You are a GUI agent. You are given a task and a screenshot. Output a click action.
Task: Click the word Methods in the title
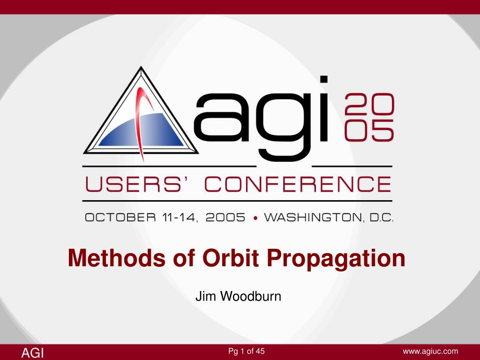[116, 258]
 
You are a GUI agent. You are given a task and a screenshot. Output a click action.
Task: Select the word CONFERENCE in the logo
[298, 184]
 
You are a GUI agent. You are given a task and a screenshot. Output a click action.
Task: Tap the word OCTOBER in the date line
[120, 217]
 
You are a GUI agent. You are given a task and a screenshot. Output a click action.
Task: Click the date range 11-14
[180, 217]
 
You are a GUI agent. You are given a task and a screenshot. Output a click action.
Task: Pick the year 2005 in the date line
[225, 217]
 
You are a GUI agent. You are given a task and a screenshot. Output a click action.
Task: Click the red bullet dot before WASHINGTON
[255, 218]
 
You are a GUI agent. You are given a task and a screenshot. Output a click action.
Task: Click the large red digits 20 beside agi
[369, 104]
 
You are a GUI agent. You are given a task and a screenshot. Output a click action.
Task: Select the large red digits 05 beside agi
[369, 130]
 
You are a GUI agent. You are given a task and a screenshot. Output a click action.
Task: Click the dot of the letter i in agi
[324, 79]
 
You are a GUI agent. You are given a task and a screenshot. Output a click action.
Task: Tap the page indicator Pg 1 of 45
[247, 351]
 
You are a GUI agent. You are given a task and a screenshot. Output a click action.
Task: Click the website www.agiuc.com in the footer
[430, 352]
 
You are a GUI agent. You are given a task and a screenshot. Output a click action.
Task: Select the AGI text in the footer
[32, 352]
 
